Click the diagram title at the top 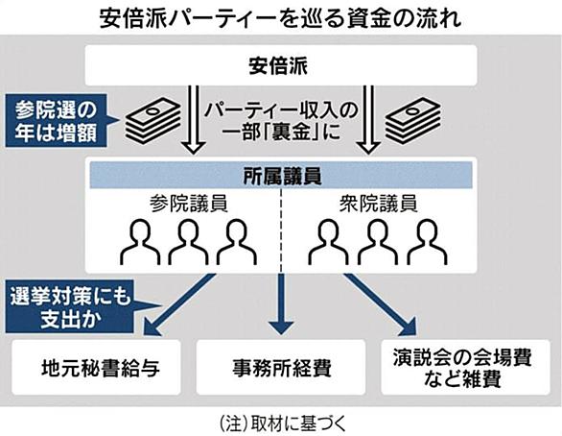[x=280, y=18]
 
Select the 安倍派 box [x=281, y=65]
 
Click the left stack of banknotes [x=153, y=120]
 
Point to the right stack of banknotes [x=413, y=120]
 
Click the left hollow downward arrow [x=194, y=119]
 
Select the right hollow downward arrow [x=368, y=119]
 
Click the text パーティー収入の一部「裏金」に [x=281, y=121]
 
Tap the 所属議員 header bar [x=281, y=175]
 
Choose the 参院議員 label [x=189, y=204]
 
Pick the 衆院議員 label [x=378, y=204]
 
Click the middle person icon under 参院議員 [x=188, y=242]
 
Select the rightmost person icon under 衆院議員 [x=427, y=242]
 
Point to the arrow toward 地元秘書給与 [x=179, y=305]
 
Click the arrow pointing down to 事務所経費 [x=281, y=304]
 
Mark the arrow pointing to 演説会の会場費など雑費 [x=381, y=305]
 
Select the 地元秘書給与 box [x=96, y=368]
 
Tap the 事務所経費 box [x=281, y=368]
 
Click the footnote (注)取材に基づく [x=282, y=424]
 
